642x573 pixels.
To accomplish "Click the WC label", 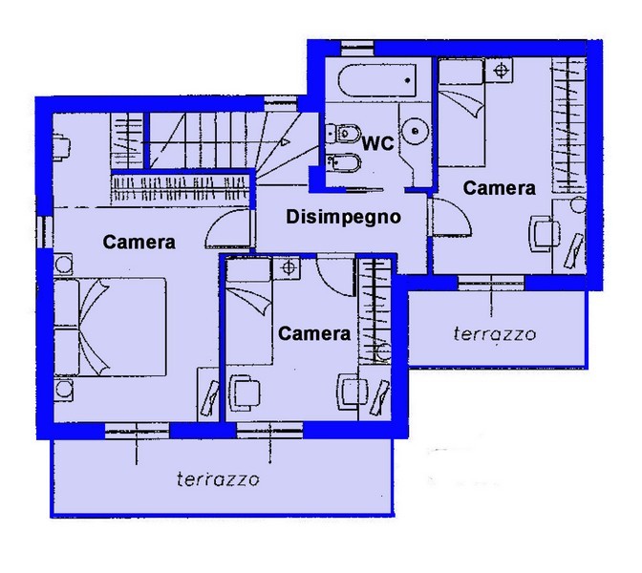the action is point(378,143).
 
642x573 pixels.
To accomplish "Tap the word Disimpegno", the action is point(343,217).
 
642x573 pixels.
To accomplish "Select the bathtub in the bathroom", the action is point(377,80).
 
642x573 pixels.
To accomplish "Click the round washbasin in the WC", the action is point(415,132).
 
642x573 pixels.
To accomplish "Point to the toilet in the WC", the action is point(343,133).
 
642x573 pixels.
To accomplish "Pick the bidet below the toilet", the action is point(344,163).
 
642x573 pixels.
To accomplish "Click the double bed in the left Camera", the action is point(110,327).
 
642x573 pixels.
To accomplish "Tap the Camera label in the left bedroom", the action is point(139,242).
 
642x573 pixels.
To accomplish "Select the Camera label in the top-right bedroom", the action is point(499,188).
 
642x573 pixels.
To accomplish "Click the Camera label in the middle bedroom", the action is point(314,333).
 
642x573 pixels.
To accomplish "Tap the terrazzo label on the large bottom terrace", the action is point(218,478).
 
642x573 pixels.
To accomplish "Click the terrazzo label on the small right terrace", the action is point(495,334).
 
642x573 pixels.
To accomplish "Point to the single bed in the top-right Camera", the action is point(461,113).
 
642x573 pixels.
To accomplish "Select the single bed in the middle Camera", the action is point(249,311).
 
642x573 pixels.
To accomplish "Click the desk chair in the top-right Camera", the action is point(544,234).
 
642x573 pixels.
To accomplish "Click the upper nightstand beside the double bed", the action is point(63,265).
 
